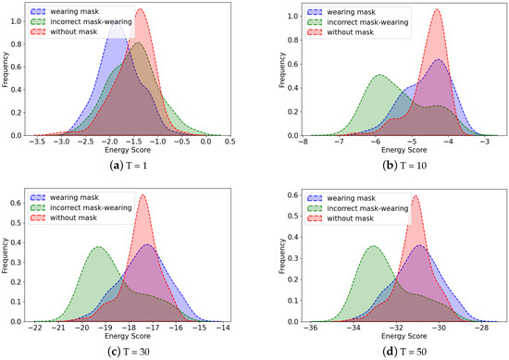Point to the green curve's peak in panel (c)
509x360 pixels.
click(98, 246)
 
